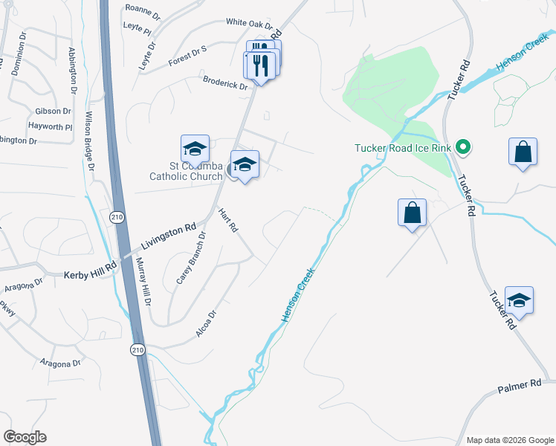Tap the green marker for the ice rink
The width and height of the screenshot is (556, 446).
coord(463,147)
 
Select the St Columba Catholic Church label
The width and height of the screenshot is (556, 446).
coord(186,170)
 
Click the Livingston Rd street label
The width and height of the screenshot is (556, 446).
coord(167,236)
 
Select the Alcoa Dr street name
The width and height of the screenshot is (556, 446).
coord(205,324)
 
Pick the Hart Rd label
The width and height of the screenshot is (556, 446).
coord(227,220)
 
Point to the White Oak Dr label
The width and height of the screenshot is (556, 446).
coord(246,23)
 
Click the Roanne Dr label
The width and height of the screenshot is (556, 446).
coord(143,10)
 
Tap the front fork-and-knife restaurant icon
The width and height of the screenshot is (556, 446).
coord(261,65)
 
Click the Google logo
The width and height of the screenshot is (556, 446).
coord(25,437)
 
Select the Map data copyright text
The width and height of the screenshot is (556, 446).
coord(509,440)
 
